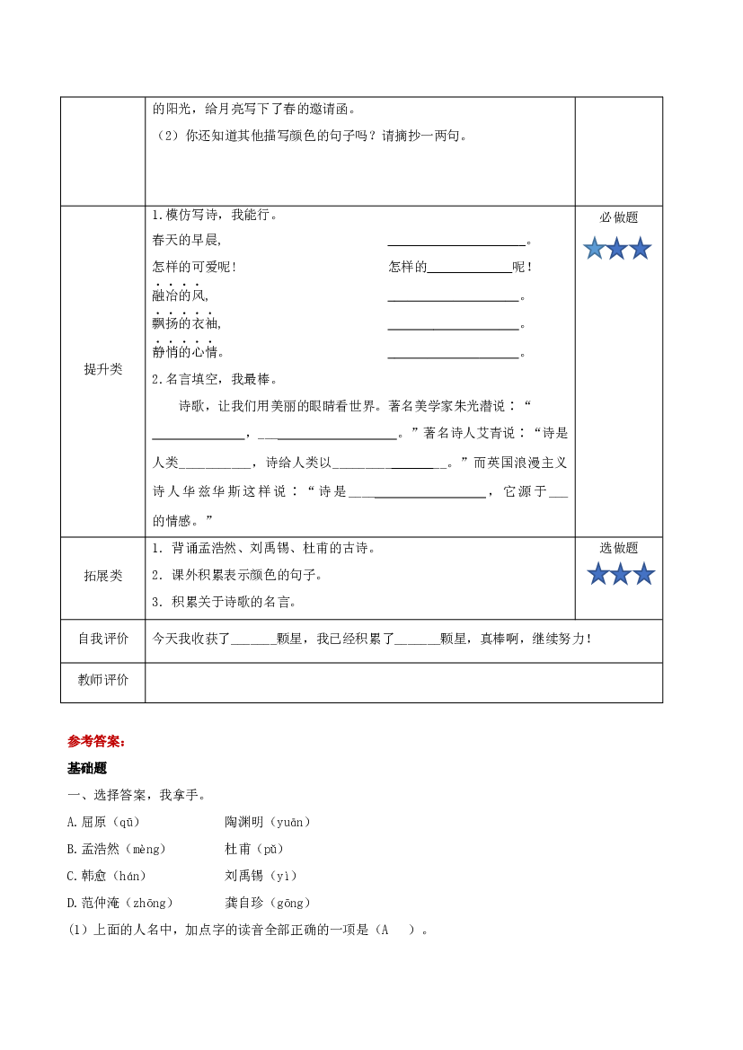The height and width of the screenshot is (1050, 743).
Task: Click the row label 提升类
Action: [103, 369]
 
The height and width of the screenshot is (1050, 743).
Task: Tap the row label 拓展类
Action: [103, 576]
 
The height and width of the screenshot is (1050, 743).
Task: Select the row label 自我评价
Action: [103, 639]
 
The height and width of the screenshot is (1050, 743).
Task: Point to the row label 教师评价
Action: [103, 680]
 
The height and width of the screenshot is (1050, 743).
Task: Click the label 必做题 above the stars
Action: [618, 217]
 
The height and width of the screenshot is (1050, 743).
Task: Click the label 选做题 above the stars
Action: [618, 548]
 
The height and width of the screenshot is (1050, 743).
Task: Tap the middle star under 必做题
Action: [617, 249]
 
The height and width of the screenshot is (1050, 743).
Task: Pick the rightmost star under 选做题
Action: [644, 574]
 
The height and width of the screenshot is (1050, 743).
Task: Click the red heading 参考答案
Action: [96, 741]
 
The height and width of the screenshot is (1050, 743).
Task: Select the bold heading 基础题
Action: [87, 768]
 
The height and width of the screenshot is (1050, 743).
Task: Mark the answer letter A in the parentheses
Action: [385, 930]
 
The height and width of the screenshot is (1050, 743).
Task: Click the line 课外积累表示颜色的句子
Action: [245, 575]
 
